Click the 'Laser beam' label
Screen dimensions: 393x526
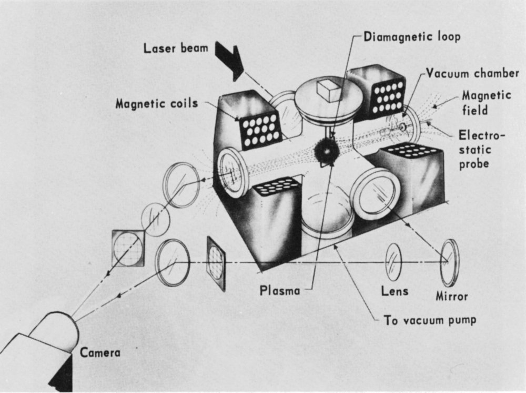coord(176,49)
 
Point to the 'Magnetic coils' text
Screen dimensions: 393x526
coord(157,104)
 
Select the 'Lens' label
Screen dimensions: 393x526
coord(395,291)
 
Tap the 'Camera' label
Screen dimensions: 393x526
coord(100,352)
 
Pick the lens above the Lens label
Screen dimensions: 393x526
coord(393,262)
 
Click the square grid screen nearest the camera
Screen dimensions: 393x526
coord(128,247)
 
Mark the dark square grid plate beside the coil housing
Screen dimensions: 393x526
coord(216,262)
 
